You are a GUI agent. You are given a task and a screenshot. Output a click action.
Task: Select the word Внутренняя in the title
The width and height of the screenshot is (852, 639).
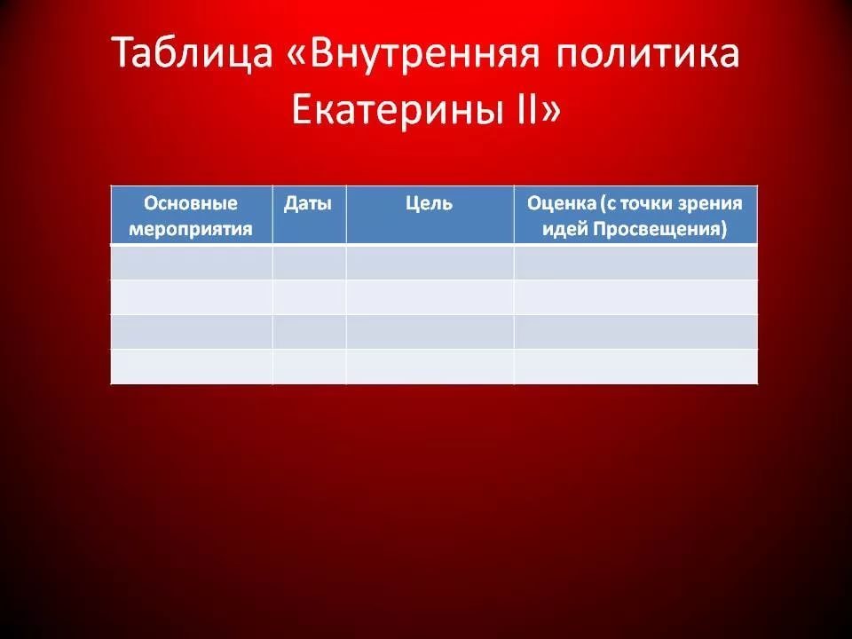(x=424, y=53)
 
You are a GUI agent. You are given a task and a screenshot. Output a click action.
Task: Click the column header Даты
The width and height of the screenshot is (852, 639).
(x=308, y=203)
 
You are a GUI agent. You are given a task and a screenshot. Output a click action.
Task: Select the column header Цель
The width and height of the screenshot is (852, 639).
(x=429, y=203)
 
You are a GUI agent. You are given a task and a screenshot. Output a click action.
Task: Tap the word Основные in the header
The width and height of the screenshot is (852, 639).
(x=191, y=203)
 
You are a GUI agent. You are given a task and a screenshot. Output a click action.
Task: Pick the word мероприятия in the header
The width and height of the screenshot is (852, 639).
(x=191, y=228)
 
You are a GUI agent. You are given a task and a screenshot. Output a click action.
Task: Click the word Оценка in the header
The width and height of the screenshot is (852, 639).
(x=561, y=203)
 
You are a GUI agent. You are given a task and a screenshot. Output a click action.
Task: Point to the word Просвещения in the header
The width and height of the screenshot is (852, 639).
(x=659, y=228)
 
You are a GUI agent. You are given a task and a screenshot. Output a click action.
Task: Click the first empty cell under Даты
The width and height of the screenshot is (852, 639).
(x=309, y=262)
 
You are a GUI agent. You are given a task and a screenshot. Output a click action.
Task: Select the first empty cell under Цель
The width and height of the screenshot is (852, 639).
(x=430, y=262)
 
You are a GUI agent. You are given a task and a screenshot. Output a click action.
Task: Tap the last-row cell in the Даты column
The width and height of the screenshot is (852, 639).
(x=309, y=367)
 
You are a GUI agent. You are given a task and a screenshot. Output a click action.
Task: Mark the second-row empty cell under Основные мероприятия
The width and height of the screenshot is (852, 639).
(x=192, y=296)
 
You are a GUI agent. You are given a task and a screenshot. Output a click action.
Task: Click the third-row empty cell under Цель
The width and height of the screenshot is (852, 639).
(x=430, y=331)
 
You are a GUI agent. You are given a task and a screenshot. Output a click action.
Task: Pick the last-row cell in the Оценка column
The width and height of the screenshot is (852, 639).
(x=635, y=367)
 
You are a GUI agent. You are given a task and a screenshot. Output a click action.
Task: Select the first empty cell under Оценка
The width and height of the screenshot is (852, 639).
(x=635, y=262)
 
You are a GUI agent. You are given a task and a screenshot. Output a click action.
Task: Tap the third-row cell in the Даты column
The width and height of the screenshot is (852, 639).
(x=309, y=331)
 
